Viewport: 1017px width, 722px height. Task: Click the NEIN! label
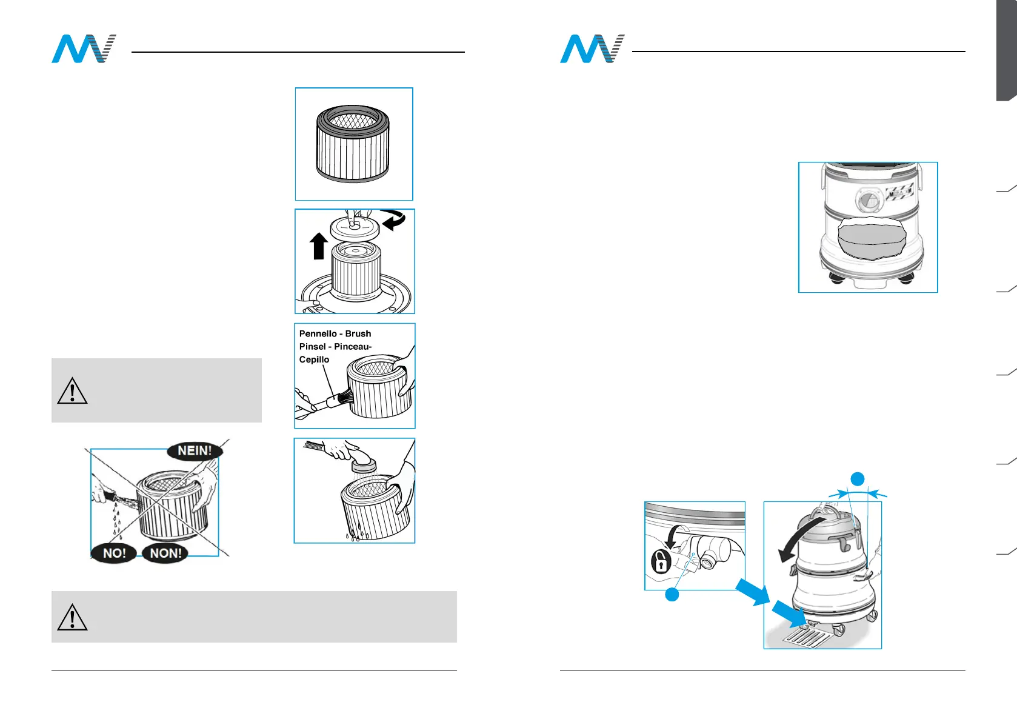(195, 450)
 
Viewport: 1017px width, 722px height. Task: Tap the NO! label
(114, 553)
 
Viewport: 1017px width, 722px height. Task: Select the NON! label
(165, 553)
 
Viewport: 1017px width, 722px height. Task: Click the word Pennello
(318, 334)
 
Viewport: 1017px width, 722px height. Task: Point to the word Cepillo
(314, 359)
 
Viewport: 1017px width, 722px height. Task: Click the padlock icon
(661, 561)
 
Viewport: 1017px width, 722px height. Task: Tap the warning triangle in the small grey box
(72, 391)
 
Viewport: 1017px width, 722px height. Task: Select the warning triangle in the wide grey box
(72, 617)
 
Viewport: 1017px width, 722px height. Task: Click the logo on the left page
(84, 49)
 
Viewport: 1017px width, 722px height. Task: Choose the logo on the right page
(592, 49)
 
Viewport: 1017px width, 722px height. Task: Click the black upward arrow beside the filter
(319, 246)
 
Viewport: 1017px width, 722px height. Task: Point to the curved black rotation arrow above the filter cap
(394, 219)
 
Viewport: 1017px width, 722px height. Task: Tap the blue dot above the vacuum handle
(857, 479)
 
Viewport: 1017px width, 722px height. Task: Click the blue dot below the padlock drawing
(672, 595)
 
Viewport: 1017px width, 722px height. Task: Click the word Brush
(358, 334)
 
